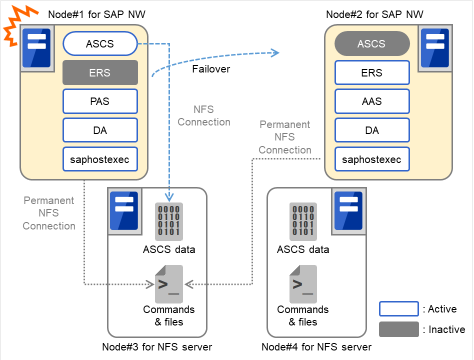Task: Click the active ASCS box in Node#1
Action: pos(100,44)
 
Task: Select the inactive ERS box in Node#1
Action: pos(100,72)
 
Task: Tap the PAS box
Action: pos(100,101)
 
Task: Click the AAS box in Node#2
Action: pos(371,101)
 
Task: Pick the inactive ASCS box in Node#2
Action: pos(371,44)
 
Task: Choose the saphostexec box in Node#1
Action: pos(100,159)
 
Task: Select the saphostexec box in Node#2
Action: pos(371,159)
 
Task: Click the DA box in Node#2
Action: pos(371,130)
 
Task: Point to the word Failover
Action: pos(211,69)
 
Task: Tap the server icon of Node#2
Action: pos(435,48)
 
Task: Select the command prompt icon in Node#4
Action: pos(303,284)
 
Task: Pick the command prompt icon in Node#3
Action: pos(169,284)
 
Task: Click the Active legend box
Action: pos(398,309)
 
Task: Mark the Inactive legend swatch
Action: pos(398,329)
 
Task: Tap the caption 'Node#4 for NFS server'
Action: pos(316,347)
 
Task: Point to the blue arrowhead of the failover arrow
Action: pos(274,52)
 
